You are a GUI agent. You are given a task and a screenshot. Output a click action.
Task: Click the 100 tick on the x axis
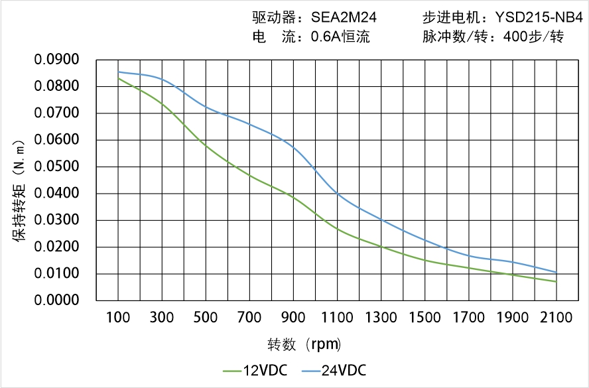119,318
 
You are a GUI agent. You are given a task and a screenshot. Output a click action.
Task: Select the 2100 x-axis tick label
556,318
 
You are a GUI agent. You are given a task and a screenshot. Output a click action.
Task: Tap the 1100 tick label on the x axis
337,318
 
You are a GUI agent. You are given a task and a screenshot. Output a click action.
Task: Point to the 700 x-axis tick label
249,318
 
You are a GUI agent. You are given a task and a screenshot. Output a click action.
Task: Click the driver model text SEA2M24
344,18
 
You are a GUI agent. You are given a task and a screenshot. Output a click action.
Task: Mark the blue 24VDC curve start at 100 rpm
119,72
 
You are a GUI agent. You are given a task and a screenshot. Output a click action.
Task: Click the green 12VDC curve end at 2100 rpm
556,282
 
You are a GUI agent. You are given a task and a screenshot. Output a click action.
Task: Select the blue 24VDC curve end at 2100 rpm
556,272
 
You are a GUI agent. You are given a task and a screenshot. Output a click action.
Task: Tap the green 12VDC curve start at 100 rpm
119,78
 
